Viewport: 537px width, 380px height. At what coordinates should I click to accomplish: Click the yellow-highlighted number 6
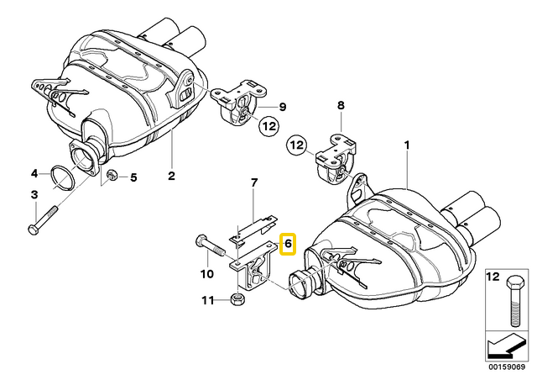click(x=287, y=244)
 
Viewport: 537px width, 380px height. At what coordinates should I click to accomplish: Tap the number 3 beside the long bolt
click(x=35, y=174)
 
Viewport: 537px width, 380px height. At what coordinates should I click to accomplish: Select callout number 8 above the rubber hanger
click(x=341, y=106)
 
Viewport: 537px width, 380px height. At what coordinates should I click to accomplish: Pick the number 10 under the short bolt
click(x=206, y=273)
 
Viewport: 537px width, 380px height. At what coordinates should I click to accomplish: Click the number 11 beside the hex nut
click(x=206, y=299)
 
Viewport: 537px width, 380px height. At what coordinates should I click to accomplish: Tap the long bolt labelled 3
click(x=44, y=218)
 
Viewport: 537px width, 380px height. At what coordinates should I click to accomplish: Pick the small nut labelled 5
click(x=112, y=176)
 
